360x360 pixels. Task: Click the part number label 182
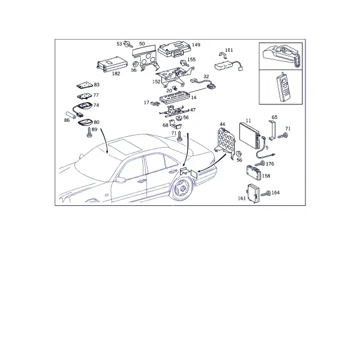click(x=116, y=74)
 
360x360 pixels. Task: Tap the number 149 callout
click(x=196, y=45)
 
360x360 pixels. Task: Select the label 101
click(x=229, y=50)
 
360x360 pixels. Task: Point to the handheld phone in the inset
click(x=284, y=87)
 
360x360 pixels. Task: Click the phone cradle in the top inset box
click(x=282, y=55)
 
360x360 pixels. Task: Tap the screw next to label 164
click(x=266, y=193)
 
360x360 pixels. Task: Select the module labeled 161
click(x=253, y=193)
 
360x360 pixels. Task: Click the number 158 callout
click(x=266, y=176)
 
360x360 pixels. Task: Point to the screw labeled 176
click(x=260, y=164)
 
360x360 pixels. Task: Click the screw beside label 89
click(x=89, y=133)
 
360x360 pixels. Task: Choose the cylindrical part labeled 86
click(x=71, y=115)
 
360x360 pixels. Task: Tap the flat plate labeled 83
click(x=85, y=85)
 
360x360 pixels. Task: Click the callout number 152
click(x=157, y=82)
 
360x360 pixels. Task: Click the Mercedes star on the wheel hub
click(x=181, y=190)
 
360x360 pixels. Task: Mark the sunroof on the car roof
click(x=125, y=146)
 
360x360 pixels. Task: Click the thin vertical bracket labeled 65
click(x=272, y=130)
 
